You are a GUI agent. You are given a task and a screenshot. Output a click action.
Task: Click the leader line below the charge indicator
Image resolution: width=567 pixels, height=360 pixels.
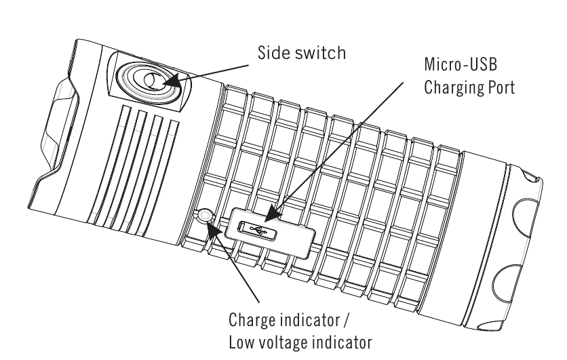coord(237,268)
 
